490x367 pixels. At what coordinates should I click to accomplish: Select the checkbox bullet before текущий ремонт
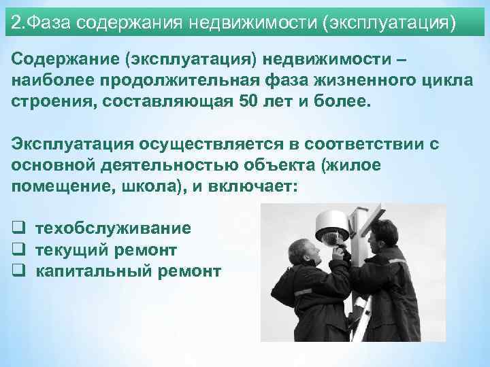click(19, 250)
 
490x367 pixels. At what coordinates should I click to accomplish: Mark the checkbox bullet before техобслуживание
click(19, 229)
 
